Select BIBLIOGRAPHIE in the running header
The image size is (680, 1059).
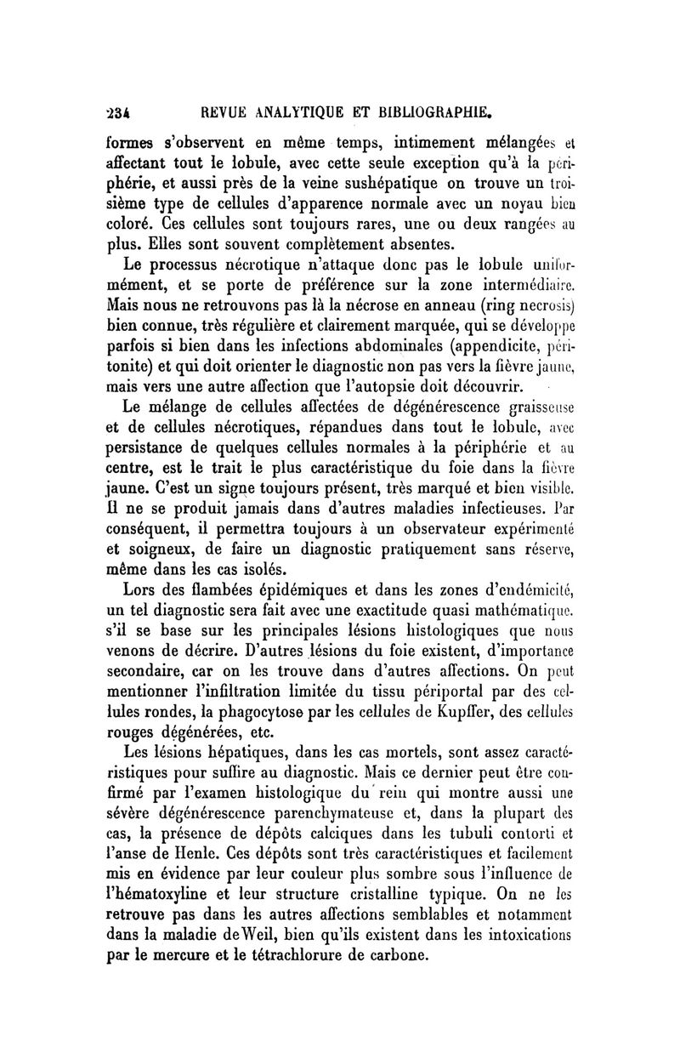(x=448, y=110)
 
